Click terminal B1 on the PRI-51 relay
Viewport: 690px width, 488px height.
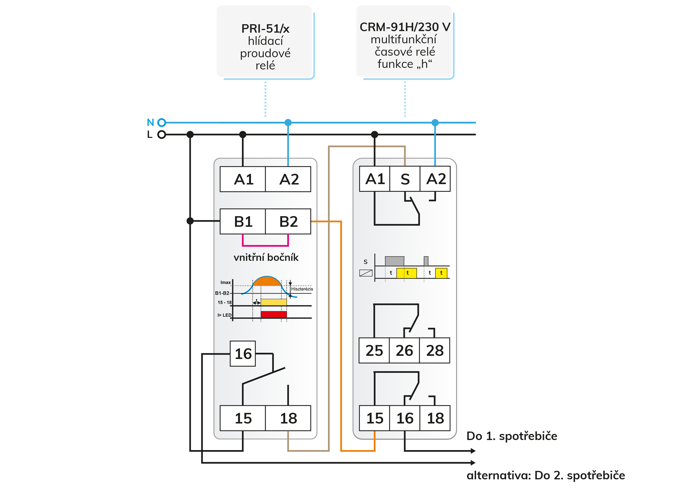pyautogui.click(x=243, y=221)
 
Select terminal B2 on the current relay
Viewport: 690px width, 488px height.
pyautogui.click(x=288, y=221)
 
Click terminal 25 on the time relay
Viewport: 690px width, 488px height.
pyautogui.click(x=374, y=350)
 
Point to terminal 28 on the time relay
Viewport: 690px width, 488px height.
pyautogui.click(x=434, y=350)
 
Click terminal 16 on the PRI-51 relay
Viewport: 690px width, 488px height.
pyautogui.click(x=243, y=354)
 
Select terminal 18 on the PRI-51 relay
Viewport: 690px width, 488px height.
pyautogui.click(x=288, y=418)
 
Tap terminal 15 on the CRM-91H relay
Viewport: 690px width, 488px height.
pyautogui.click(x=375, y=418)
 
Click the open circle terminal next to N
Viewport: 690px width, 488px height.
pyautogui.click(x=162, y=122)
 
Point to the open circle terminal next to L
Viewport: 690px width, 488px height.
pyautogui.click(x=162, y=135)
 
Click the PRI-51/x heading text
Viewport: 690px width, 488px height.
pyautogui.click(x=265, y=29)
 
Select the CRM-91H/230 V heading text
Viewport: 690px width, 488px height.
pyautogui.click(x=405, y=27)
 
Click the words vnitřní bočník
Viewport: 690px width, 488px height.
pyautogui.click(x=266, y=257)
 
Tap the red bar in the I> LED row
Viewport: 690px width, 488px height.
pyautogui.click(x=273, y=314)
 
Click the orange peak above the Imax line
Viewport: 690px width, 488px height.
pyautogui.click(x=267, y=281)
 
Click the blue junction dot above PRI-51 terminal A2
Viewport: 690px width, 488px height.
pyautogui.click(x=288, y=123)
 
